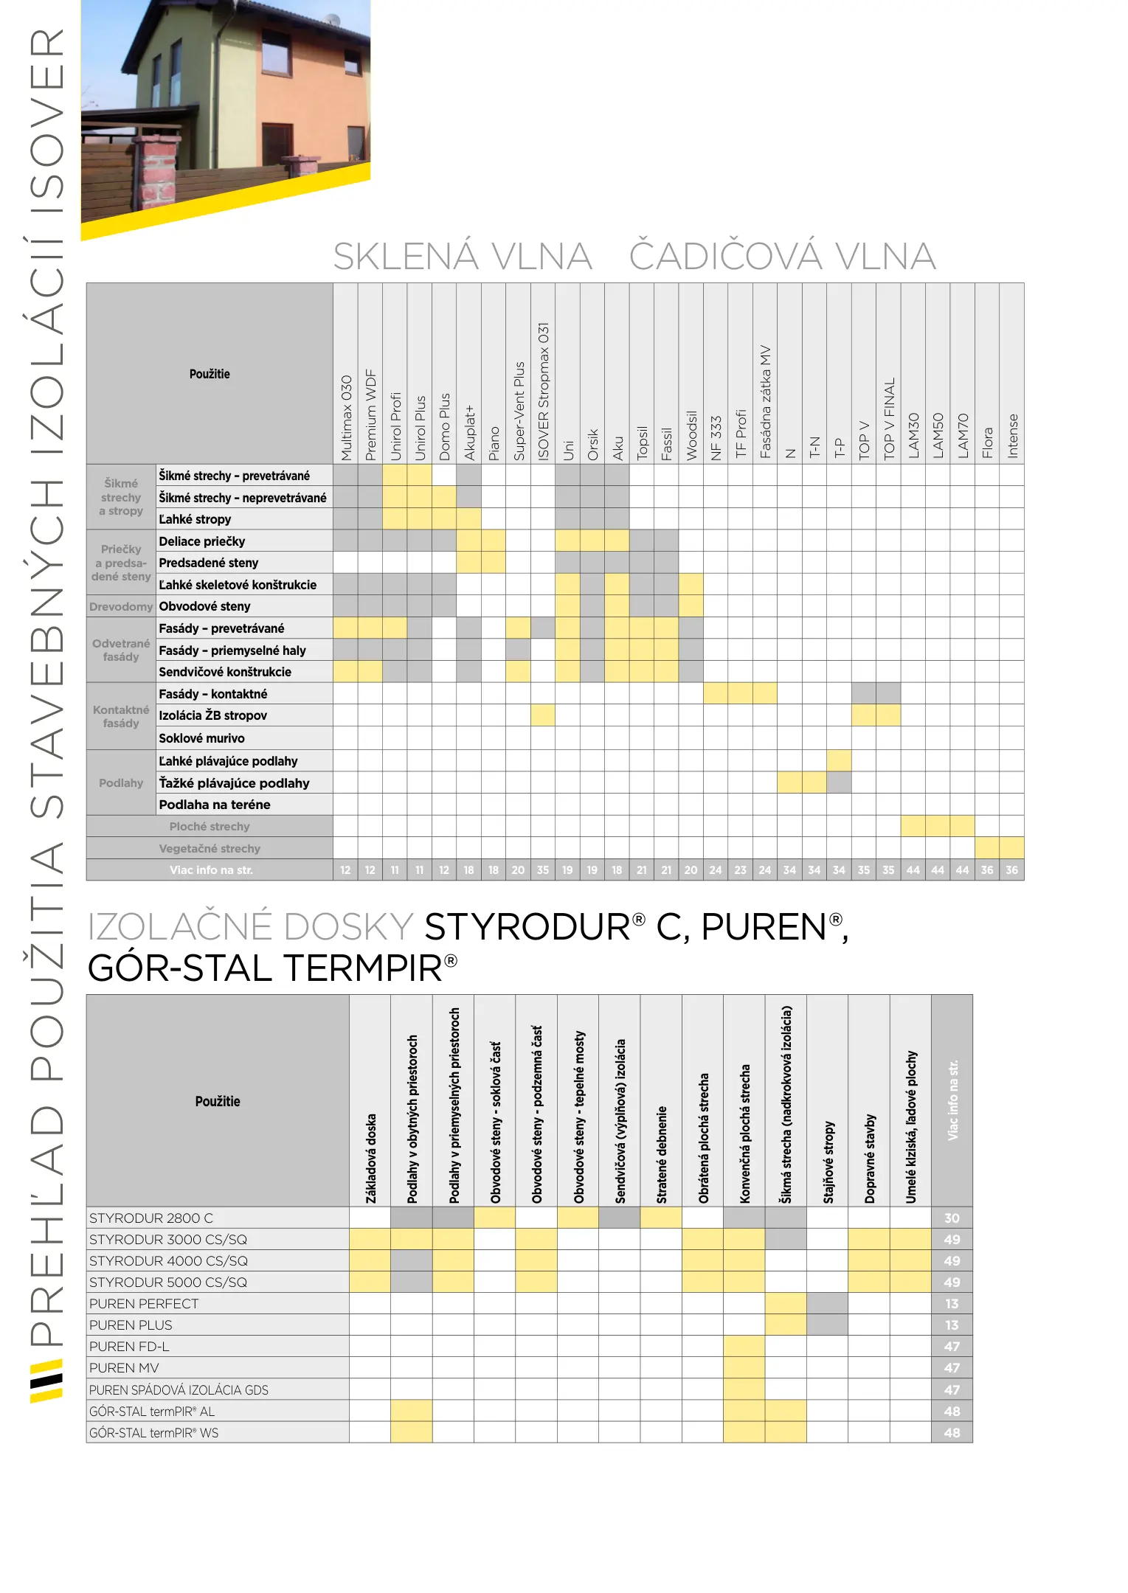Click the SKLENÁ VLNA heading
coord(463,257)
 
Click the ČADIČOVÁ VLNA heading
coord(782,257)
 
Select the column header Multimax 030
coord(346,417)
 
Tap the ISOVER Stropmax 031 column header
coord(543,392)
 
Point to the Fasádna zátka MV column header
coord(765,402)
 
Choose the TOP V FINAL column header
coord(889,419)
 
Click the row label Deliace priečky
coord(202,541)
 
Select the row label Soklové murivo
coord(201,738)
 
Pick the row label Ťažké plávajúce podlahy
coord(234,783)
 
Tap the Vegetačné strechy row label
coord(210,849)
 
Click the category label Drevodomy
coord(121,607)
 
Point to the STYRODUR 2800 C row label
coord(151,1218)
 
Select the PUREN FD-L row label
coord(129,1347)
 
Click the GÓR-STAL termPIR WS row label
coord(153,1433)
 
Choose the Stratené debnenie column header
coord(661,1154)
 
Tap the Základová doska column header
coord(370,1158)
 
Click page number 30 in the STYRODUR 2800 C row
coord(952,1218)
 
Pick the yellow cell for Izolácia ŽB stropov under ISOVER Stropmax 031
coord(543,715)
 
